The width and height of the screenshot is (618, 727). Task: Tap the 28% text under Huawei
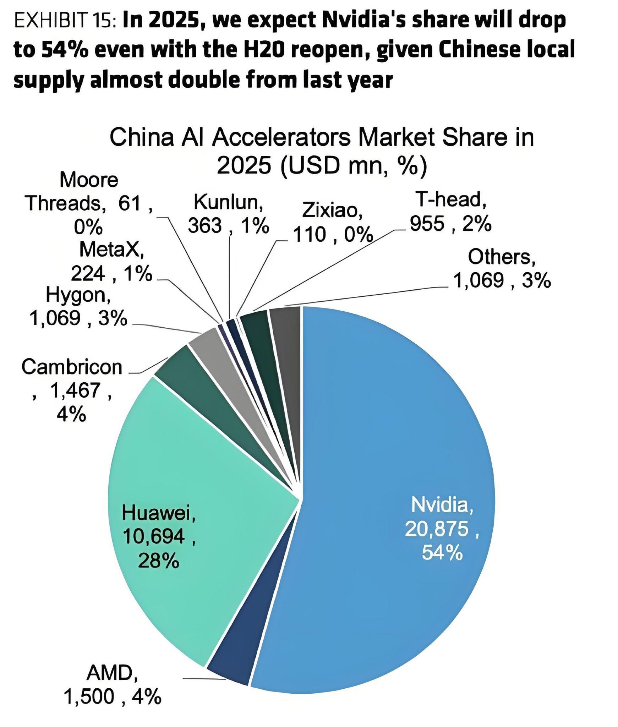pos(158,561)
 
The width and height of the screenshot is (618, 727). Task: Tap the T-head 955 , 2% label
pos(450,211)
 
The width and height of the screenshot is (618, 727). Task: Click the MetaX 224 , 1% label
pos(111,261)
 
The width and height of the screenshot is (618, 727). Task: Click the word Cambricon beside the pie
pos(72,367)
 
